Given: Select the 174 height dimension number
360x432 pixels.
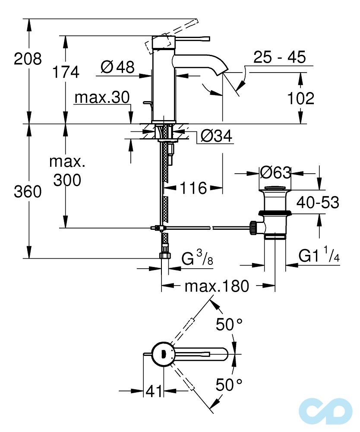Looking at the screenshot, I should tap(66, 72).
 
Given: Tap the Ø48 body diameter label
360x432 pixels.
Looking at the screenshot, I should tap(117, 67).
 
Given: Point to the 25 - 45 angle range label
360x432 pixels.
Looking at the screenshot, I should tap(279, 57).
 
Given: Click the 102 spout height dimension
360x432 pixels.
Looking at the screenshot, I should tap(300, 98).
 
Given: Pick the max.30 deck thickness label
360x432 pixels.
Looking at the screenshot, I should tap(102, 98).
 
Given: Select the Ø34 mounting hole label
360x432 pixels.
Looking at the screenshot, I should tap(216, 136).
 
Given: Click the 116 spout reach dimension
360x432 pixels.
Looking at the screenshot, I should tap(193, 187).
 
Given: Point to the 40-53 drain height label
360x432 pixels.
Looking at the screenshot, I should tap(318, 202).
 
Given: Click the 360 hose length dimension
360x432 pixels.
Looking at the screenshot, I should tap(28, 191).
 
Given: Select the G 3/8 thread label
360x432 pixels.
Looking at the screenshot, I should tap(196, 260).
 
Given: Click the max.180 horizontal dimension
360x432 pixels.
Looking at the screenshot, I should tap(217, 286).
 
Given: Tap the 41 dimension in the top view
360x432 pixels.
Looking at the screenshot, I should tap(154, 391).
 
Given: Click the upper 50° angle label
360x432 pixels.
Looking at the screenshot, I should tap(230, 324).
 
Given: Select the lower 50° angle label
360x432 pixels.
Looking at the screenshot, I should tap(230, 384).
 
